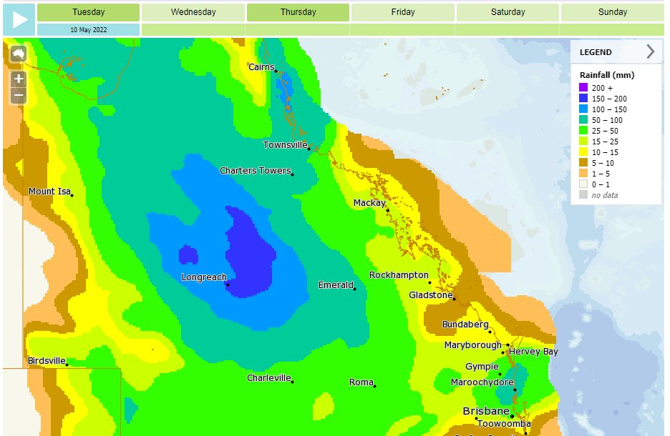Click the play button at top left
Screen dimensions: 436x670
[x=19, y=19]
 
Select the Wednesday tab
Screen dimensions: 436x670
[x=193, y=12]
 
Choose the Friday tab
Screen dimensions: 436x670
[x=402, y=12]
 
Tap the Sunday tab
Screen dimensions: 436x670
[x=612, y=12]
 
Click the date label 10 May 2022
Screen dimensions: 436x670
[x=89, y=29]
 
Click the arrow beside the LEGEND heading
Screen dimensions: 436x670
[x=650, y=51]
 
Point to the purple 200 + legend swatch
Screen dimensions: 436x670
[x=583, y=88]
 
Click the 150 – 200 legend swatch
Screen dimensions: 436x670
[x=583, y=99]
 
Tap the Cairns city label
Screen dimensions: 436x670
[x=261, y=67]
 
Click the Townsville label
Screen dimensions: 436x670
[x=285, y=145]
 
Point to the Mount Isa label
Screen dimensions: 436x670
[x=49, y=192]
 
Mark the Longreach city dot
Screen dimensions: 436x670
[x=228, y=284]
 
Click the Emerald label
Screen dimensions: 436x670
[x=336, y=285]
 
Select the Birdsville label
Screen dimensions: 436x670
[x=47, y=361]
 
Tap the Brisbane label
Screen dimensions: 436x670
[x=486, y=412]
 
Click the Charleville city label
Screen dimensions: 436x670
[x=268, y=377]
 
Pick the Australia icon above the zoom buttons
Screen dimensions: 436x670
[x=18, y=54]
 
